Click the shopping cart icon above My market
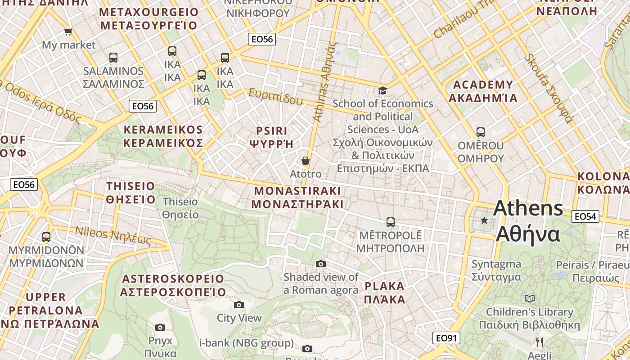(x=68, y=32)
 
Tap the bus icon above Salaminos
(x=113, y=58)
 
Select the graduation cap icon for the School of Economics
(x=382, y=91)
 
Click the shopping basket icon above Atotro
(x=306, y=161)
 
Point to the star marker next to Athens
(x=484, y=220)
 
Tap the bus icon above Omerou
(x=481, y=132)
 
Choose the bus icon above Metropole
(x=391, y=222)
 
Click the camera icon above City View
(x=239, y=305)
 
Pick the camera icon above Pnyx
(x=160, y=327)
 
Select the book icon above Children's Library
(x=530, y=298)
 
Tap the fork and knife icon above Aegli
(x=540, y=342)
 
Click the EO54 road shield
(x=585, y=216)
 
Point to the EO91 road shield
(x=446, y=338)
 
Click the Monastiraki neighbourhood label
(x=297, y=197)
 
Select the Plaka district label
(x=385, y=292)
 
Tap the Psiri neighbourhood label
(x=271, y=137)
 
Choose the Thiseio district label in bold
(x=130, y=193)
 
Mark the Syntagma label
(x=496, y=270)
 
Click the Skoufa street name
(x=549, y=88)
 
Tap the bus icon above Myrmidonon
(x=46, y=237)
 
